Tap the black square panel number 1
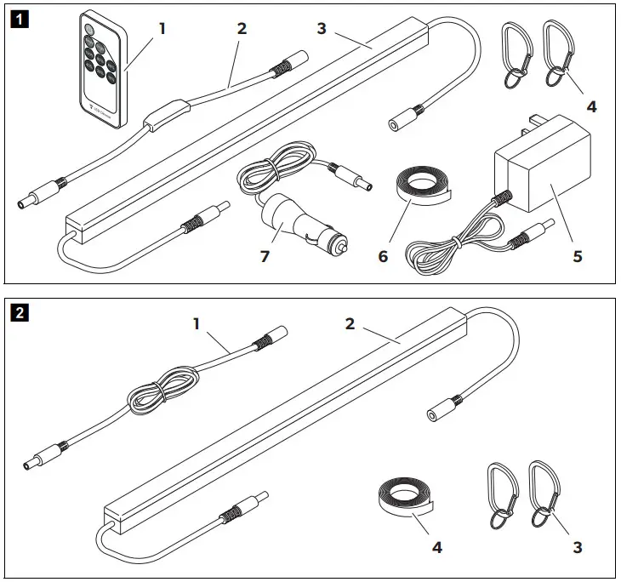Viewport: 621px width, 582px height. (17, 17)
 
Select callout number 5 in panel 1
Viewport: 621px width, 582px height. (577, 255)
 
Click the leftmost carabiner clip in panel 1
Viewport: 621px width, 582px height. (514, 54)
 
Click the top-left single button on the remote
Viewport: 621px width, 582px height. (86, 31)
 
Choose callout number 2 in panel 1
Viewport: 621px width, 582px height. (242, 28)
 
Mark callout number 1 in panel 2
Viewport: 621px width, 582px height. (197, 323)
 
